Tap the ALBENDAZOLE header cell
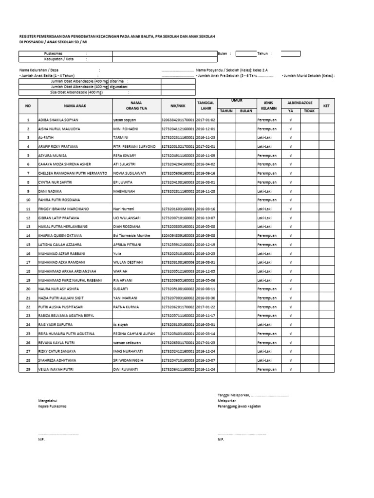(x=300, y=103)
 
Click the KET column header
(x=326, y=106)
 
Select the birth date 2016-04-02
(x=205, y=164)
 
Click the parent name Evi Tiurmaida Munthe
(x=131, y=235)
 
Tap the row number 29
(x=28, y=370)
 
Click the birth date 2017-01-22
(x=205, y=307)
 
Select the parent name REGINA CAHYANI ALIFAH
(x=134, y=334)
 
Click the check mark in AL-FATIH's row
(x=291, y=138)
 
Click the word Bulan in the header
(x=223, y=53)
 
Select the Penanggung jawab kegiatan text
(x=243, y=406)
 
